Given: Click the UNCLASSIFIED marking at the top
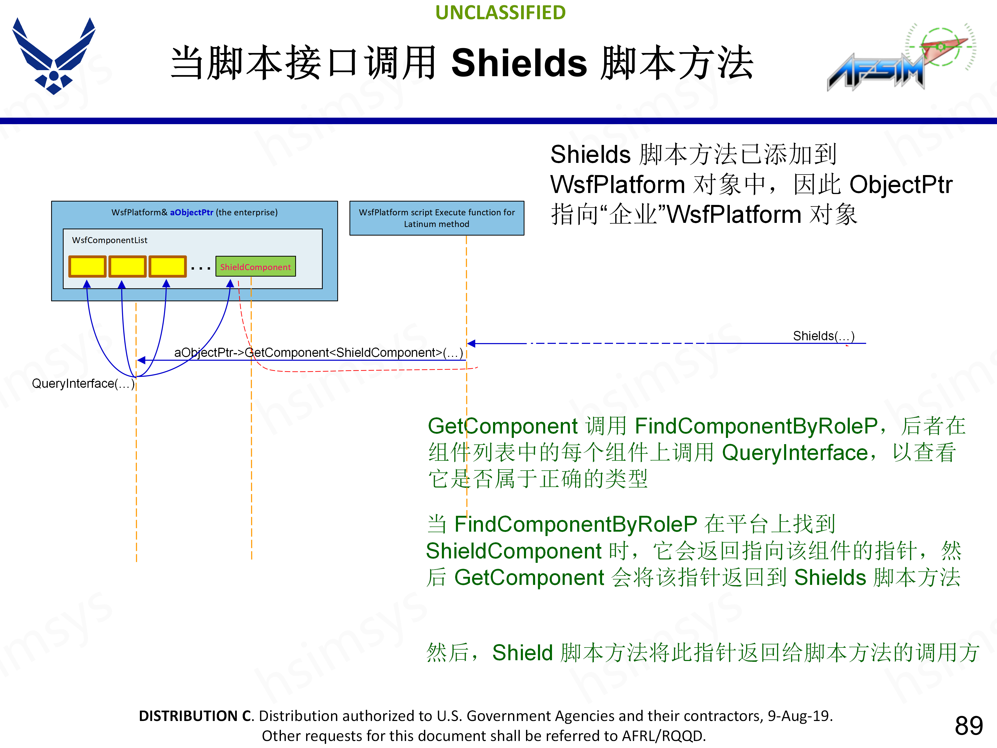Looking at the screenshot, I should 500,13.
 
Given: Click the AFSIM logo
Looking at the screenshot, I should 897,59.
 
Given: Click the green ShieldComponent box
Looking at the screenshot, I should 255,266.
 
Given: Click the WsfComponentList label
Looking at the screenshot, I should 110,240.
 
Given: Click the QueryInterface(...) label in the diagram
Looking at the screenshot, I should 83,384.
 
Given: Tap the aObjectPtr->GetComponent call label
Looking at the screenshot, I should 318,353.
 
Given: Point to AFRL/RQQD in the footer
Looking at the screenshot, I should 663,736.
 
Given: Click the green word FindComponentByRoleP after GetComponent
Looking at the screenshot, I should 756,426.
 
